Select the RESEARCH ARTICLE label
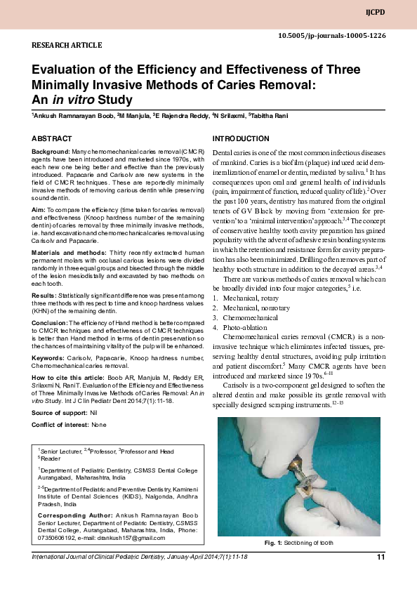point(67,45)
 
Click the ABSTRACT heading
point(52,139)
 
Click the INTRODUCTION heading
point(240,139)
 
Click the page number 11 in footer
point(380,557)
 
